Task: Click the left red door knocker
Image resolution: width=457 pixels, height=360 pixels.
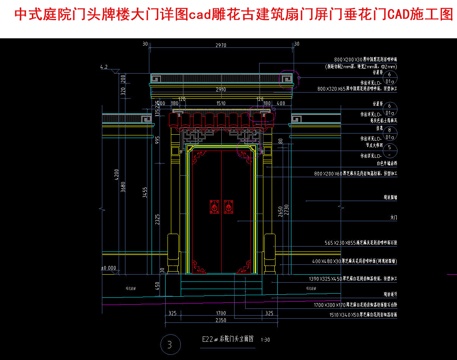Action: (x=212, y=208)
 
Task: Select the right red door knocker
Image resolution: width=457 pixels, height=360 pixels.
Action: (x=226, y=208)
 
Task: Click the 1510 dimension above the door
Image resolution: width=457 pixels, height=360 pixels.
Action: (x=219, y=129)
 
